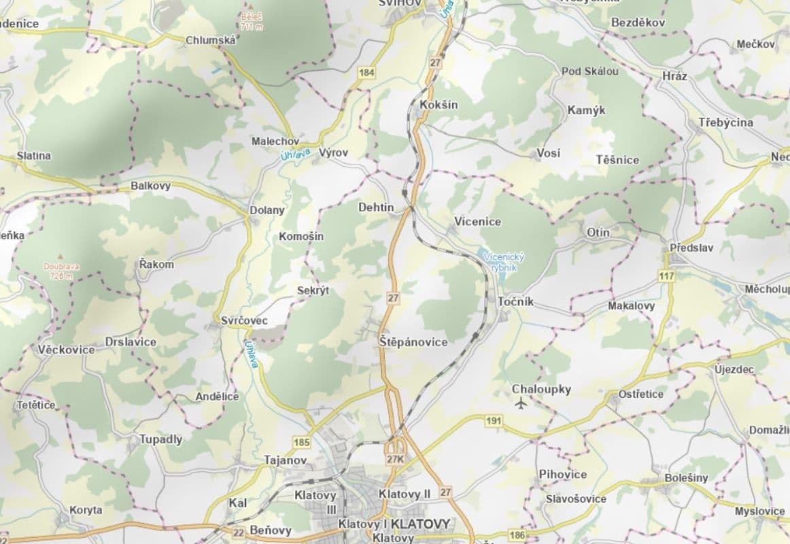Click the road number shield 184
coord(368,72)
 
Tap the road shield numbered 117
coord(666,276)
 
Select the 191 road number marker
coord(494,421)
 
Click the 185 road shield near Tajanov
coord(302,443)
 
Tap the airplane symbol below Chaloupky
coord(521,405)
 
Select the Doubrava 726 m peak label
coord(61,271)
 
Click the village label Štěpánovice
coord(413,342)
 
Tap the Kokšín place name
coord(439,105)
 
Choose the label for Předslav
coord(691,248)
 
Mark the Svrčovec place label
coord(245,320)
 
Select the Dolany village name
coord(267,210)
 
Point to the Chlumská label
coord(211,41)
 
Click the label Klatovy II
coord(405,494)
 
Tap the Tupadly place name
coord(161,439)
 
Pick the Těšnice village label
coord(617,160)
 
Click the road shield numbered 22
coord(238,533)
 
